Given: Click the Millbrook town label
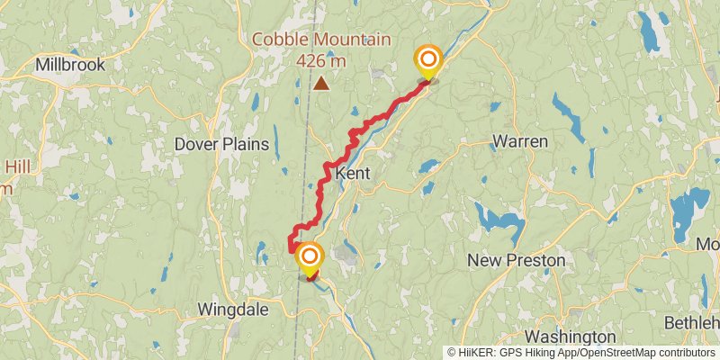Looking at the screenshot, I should [x=70, y=65].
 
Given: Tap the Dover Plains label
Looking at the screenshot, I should [x=221, y=143].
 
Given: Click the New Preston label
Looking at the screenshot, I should [x=517, y=260].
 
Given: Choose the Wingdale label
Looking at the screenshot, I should [x=232, y=310].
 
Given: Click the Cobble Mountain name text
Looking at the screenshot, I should [x=321, y=40].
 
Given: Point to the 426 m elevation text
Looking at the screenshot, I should [x=321, y=60].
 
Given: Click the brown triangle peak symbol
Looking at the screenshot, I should [x=321, y=84].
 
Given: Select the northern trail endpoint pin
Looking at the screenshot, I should [x=428, y=62].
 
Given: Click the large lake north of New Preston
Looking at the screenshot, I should [x=499, y=220].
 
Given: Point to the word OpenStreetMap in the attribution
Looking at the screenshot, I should [x=613, y=352].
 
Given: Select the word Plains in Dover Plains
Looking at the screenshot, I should [x=245, y=143].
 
